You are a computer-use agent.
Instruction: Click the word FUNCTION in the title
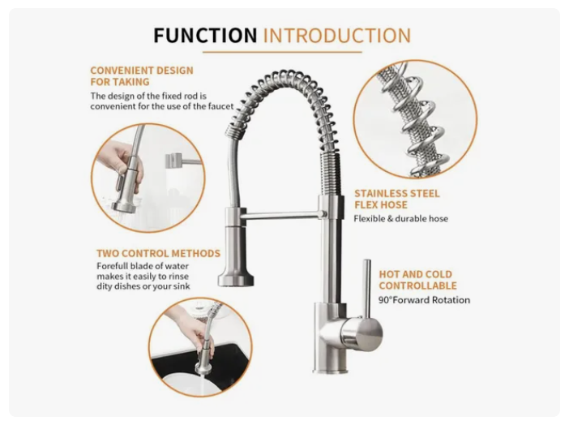[205, 36]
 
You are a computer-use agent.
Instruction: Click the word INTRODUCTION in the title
[337, 36]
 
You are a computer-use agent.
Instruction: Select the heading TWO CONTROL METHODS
[158, 254]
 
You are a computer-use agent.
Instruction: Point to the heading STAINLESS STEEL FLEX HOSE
[397, 200]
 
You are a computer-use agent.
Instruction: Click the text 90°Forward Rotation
[424, 300]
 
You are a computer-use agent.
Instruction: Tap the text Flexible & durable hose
[400, 218]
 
